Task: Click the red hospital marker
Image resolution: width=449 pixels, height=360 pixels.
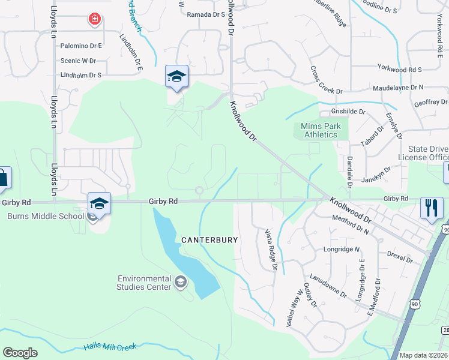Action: click(94, 20)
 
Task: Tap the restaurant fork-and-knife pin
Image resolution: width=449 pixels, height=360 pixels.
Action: click(432, 208)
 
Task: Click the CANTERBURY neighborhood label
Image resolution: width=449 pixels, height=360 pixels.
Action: click(210, 239)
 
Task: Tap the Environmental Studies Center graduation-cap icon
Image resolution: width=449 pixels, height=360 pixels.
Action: click(180, 281)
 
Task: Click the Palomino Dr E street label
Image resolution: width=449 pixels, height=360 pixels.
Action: click(82, 46)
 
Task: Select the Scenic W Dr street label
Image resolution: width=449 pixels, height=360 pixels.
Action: click(78, 61)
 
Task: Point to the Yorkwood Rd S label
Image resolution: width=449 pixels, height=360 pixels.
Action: click(400, 70)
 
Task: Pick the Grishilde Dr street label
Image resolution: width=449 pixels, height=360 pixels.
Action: click(349, 112)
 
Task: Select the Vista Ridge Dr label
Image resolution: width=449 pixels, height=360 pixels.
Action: click(270, 248)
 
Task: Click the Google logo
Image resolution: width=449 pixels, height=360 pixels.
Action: click(20, 352)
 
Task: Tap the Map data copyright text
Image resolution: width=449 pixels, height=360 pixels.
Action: click(423, 355)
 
